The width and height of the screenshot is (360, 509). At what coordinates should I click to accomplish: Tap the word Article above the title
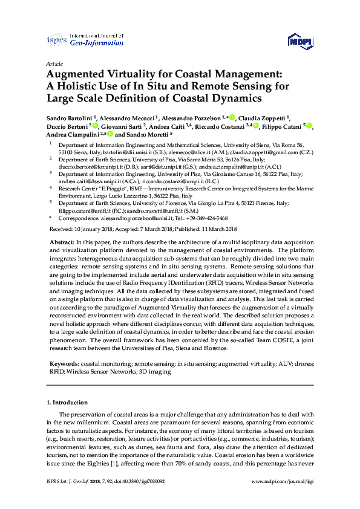click(54, 63)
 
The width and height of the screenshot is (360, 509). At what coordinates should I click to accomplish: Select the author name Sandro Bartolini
click(74, 118)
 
